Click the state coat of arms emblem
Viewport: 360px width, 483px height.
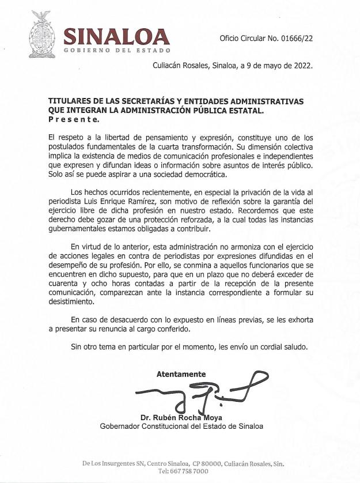click(x=40, y=35)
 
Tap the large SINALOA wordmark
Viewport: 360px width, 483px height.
click(x=116, y=36)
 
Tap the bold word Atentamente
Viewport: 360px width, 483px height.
click(x=181, y=374)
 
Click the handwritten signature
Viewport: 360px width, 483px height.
click(x=196, y=394)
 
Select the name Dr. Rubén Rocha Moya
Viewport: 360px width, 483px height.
click(x=180, y=418)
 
